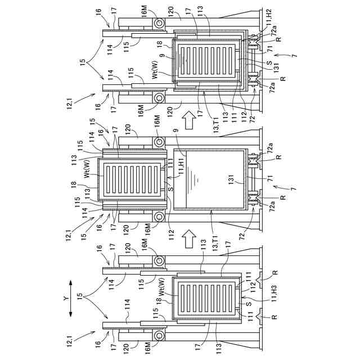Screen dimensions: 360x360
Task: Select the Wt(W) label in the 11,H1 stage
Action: (88, 169)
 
